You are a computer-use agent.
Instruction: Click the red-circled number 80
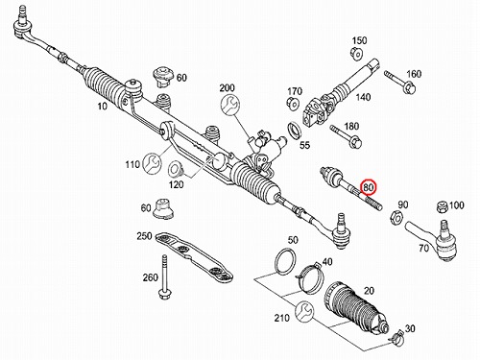pyautogui.click(x=369, y=187)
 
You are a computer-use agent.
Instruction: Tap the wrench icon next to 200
pyautogui.click(x=230, y=105)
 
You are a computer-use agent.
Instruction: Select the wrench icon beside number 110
pyautogui.click(x=152, y=164)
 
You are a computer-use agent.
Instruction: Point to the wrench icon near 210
pyautogui.click(x=304, y=312)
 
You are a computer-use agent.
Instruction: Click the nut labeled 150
pyautogui.click(x=356, y=53)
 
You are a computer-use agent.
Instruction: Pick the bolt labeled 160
pyautogui.click(x=399, y=82)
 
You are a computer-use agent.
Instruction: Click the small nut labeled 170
pyautogui.click(x=293, y=104)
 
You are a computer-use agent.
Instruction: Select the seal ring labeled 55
pyautogui.click(x=295, y=131)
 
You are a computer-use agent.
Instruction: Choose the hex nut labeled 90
pyautogui.click(x=396, y=218)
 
